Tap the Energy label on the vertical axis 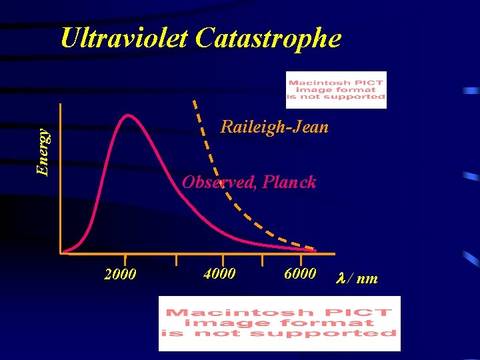[x=43, y=153]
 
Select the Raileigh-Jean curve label [x=274, y=127]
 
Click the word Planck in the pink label [x=289, y=182]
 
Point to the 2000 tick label [x=121, y=275]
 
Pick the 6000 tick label [x=300, y=273]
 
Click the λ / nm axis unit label [x=359, y=278]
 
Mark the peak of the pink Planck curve [x=127, y=115]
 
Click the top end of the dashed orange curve [x=194, y=101]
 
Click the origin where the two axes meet [x=61, y=253]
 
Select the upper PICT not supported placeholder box [x=336, y=90]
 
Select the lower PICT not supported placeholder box [x=279, y=323]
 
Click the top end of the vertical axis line [x=61, y=105]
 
